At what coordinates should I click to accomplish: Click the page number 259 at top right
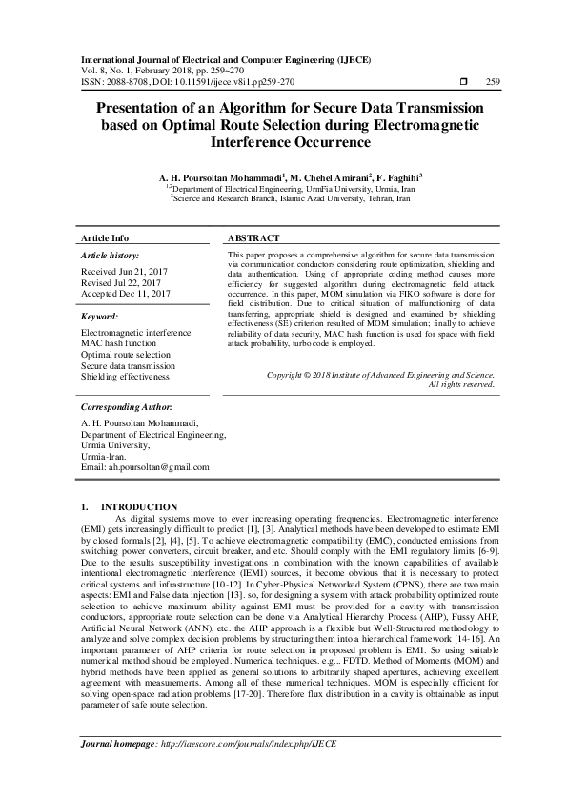pos(493,82)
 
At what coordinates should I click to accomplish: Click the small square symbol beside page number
pos(463,82)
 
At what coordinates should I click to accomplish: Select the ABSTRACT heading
pos(254,237)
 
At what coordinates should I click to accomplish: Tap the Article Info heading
pos(105,237)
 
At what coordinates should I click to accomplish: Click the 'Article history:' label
pos(111,257)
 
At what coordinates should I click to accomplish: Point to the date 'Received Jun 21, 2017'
pos(126,272)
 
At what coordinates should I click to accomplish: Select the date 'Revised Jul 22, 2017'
pos(124,283)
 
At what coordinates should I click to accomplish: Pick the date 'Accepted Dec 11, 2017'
pos(126,295)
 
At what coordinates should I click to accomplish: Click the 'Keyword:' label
pos(99,316)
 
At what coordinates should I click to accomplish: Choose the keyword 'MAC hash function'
pos(119,342)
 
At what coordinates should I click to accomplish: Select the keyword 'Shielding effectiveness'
pos(125,377)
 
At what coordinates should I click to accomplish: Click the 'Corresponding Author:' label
pos(126,406)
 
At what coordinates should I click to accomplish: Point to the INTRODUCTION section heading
pos(138,506)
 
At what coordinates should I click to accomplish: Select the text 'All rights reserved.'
pos(461,384)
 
